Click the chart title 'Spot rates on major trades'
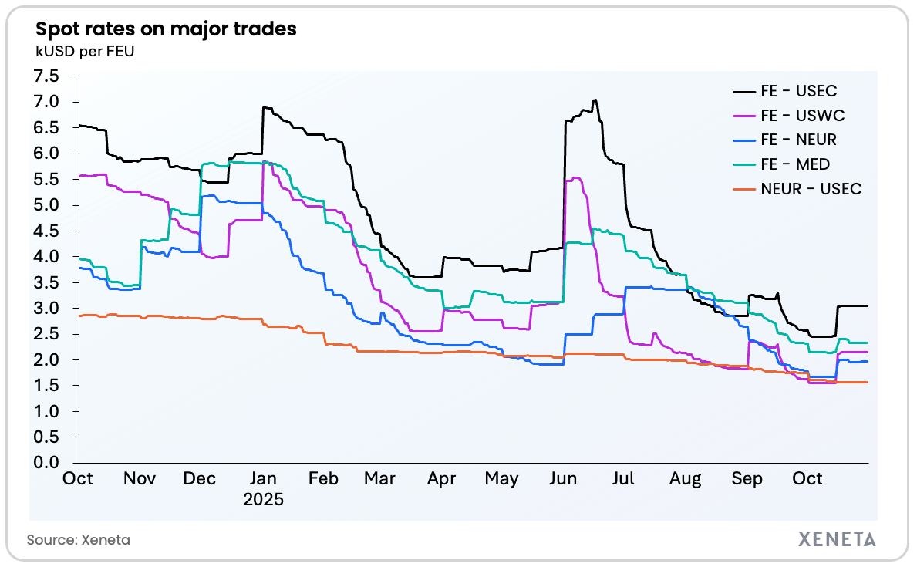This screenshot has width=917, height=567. [166, 30]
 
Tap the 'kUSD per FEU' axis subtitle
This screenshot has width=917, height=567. [86, 52]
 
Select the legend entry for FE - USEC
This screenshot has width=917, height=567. [798, 92]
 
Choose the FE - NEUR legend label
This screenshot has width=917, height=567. [798, 140]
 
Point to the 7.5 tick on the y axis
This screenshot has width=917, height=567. [46, 76]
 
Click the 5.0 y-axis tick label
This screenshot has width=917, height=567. [46, 205]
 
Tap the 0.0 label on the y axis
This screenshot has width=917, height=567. [46, 463]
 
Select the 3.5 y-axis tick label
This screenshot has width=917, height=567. [46, 282]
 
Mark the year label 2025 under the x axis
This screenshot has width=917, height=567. [263, 499]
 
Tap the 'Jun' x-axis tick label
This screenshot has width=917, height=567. [564, 479]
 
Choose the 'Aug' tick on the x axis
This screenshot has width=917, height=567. [685, 479]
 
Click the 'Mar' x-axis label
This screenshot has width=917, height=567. [379, 479]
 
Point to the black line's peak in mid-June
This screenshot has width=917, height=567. [594, 100]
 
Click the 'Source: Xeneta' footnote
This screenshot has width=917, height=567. [79, 540]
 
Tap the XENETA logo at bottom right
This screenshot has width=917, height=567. [837, 539]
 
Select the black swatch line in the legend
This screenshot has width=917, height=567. [743, 92]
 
